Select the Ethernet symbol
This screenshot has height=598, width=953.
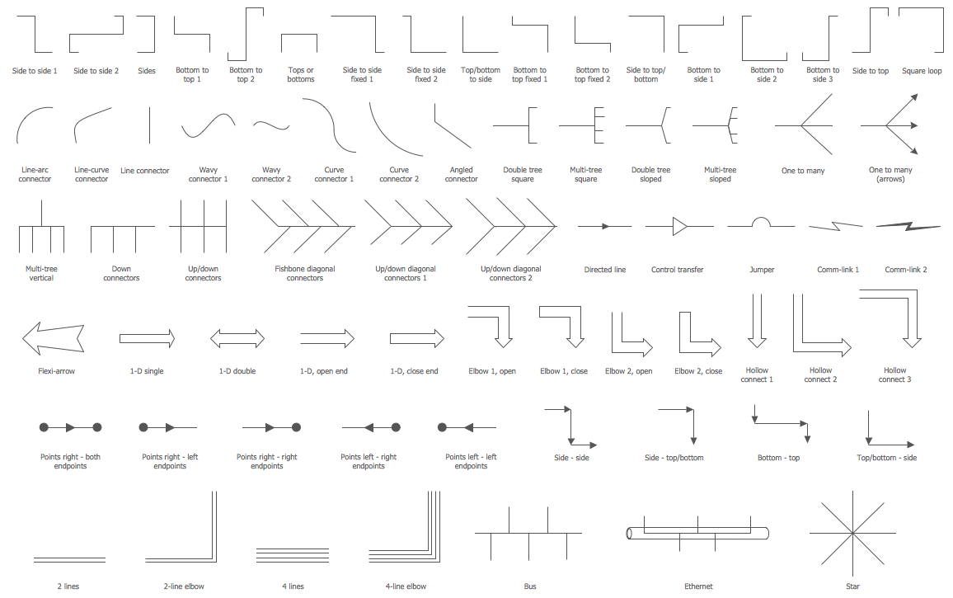coord(697,533)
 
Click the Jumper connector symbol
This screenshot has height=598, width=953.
coord(761,224)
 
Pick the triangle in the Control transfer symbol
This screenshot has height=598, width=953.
coord(680,225)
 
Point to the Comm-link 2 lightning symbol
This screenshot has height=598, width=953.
coord(908,224)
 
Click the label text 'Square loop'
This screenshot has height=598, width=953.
coord(922,71)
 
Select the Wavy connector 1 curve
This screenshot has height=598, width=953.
coord(208,125)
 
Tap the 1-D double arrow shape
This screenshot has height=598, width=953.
coord(237,338)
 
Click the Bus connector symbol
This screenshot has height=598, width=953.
coord(528,533)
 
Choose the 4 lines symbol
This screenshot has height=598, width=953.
coord(293,553)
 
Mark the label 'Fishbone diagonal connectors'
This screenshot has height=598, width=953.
coord(305,273)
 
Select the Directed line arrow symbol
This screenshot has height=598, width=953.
coord(604,225)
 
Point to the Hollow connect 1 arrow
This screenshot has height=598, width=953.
coord(757,324)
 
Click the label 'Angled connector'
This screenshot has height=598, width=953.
coord(461,174)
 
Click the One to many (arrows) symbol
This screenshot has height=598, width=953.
coord(890,125)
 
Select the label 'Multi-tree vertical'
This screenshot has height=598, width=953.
coord(41,273)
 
